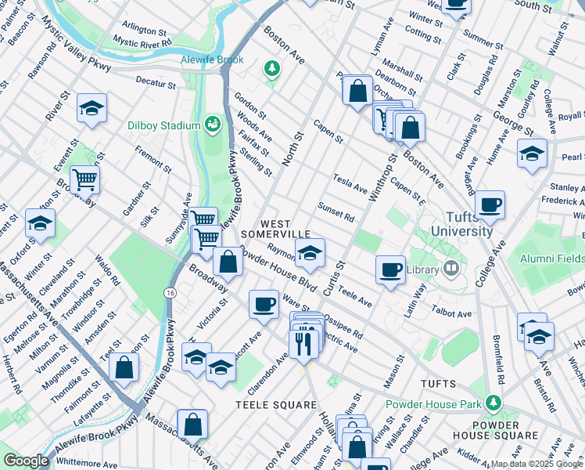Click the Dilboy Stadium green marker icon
(212, 124)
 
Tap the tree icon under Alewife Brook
(271, 69)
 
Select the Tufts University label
(458, 224)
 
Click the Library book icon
(450, 269)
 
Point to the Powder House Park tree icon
(493, 403)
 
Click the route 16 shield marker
(170, 291)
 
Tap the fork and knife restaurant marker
(303, 343)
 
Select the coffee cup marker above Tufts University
(490, 205)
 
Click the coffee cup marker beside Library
(390, 269)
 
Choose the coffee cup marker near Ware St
(264, 303)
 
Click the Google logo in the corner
(26, 460)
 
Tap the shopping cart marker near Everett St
(84, 179)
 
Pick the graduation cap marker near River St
(92, 108)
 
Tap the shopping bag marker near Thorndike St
(124, 367)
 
